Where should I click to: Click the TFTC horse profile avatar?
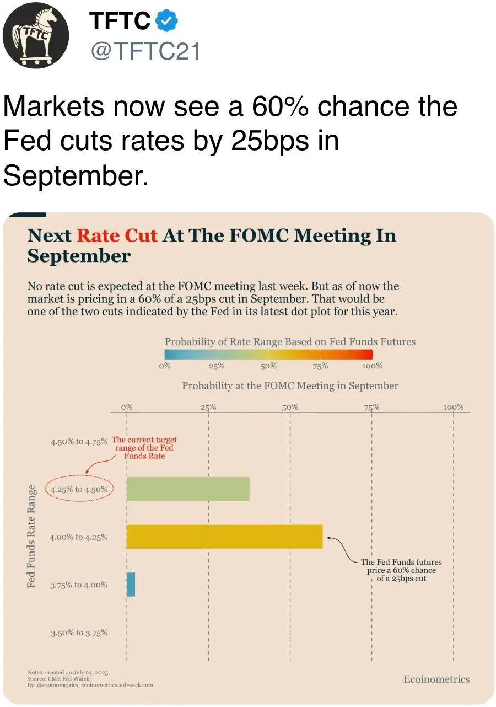[x=36, y=36]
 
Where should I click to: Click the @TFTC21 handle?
[x=144, y=51]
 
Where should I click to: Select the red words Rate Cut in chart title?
[x=117, y=235]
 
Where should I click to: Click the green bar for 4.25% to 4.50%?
[x=188, y=489]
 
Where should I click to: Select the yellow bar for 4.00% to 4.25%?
[x=224, y=537]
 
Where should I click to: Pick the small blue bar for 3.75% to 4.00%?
[x=131, y=585]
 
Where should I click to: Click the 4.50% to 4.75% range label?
[x=78, y=441]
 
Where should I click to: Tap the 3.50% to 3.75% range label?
[x=79, y=633]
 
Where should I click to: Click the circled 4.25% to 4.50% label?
[x=79, y=489]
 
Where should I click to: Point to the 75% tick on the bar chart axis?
[x=371, y=408]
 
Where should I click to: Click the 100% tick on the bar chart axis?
[x=453, y=408]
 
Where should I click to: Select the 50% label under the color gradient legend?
[x=268, y=366]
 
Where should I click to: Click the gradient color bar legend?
[x=268, y=354]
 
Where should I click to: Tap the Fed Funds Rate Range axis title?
[x=31, y=537]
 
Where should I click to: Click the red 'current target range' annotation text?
[x=144, y=448]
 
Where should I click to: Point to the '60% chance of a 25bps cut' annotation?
[x=401, y=570]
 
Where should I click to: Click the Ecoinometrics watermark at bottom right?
[x=436, y=679]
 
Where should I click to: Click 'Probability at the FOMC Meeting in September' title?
[x=290, y=385]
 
